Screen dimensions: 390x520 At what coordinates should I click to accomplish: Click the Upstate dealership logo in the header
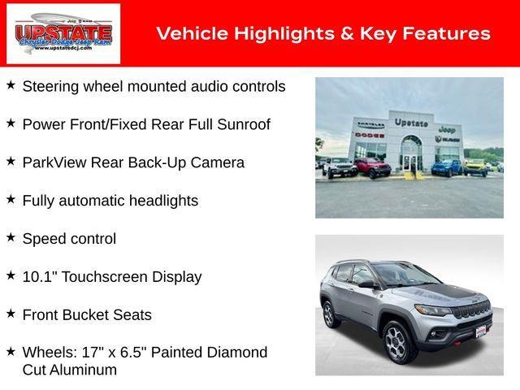tap(63, 33)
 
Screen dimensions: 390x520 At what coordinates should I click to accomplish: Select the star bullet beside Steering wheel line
tap(11, 84)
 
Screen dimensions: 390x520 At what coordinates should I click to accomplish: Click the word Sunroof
tap(243, 124)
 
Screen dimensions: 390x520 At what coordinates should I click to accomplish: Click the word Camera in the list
tap(217, 162)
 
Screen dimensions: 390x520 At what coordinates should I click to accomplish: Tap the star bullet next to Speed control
tap(11, 237)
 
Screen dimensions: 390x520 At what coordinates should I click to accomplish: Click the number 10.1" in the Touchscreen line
tap(38, 276)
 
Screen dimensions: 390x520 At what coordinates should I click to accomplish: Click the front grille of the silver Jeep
tap(473, 310)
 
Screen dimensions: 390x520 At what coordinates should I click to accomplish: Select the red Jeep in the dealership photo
tap(373, 167)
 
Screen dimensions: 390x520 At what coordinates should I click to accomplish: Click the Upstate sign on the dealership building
tap(411, 123)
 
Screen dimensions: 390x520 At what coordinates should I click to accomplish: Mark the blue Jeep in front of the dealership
tap(446, 167)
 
